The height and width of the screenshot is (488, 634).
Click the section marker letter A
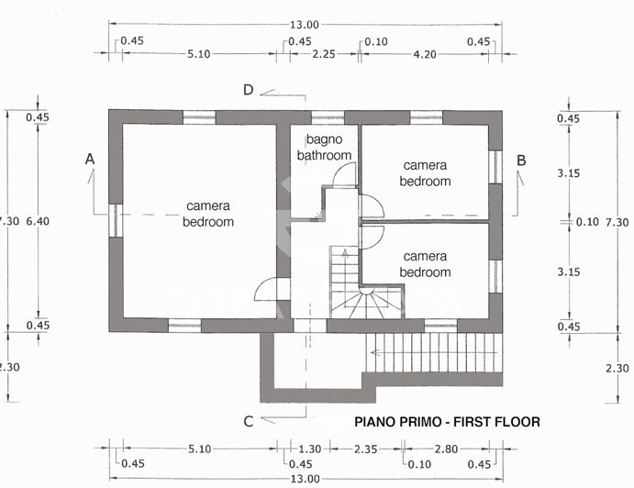(90, 160)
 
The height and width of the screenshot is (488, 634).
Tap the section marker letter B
(521, 160)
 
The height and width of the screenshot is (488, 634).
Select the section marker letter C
(248, 422)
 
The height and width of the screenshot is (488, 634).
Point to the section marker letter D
(248, 90)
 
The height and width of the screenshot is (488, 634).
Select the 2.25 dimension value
(323, 54)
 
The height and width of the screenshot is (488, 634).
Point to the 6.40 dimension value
(38, 221)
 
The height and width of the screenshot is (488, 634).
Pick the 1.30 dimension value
(310, 449)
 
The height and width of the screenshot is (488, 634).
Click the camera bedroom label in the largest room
(208, 214)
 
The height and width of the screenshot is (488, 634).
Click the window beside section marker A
(115, 220)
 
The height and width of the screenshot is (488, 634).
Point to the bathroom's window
(327, 116)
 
